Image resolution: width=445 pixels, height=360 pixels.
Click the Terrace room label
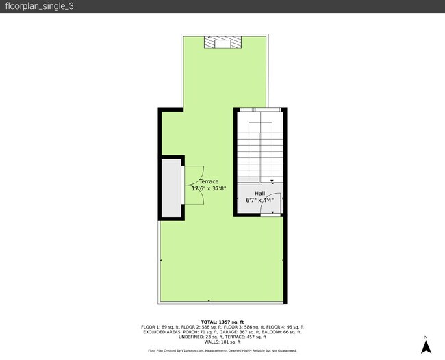[x=209, y=181]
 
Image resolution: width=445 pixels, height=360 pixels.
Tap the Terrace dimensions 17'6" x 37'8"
[x=209, y=188]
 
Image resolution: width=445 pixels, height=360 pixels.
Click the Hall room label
[x=259, y=194]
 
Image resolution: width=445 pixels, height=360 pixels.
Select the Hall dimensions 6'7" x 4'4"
[x=259, y=201]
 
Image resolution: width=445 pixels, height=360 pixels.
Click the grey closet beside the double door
[x=171, y=188]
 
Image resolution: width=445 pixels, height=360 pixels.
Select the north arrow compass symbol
[x=425, y=347]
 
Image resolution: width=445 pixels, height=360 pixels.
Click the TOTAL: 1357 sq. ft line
[x=222, y=322]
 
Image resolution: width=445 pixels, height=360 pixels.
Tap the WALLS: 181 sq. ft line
[x=222, y=342]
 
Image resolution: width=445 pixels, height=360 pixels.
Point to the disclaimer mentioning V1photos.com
[x=222, y=350]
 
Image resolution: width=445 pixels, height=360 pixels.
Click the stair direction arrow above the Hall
[x=272, y=182]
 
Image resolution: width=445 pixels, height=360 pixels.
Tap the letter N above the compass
[x=425, y=337]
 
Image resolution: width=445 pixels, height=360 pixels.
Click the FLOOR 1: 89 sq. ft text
[x=158, y=327]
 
